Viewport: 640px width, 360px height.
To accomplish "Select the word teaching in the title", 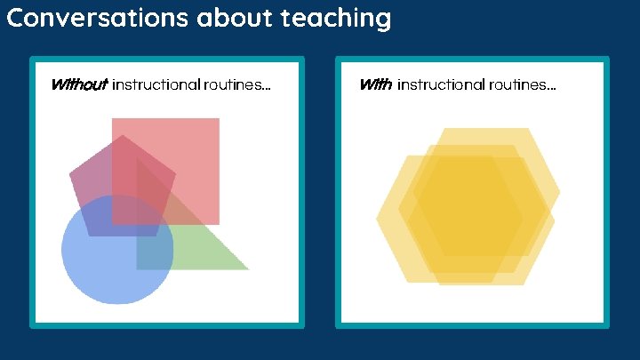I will (x=340, y=17).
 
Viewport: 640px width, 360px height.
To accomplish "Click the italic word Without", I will (x=79, y=85).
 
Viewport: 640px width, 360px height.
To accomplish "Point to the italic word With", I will (x=375, y=85).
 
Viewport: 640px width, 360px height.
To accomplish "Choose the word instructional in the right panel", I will (x=447, y=85).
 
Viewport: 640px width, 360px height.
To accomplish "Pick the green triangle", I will (x=200, y=249).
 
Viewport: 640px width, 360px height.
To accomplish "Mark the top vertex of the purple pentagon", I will (x=122, y=135).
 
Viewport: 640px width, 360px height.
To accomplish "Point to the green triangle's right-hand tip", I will (x=249, y=269).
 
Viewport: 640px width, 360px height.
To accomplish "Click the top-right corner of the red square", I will (x=219, y=118).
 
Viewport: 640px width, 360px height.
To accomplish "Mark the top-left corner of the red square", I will (x=112, y=118).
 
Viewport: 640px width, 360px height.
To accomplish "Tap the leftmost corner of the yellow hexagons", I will (x=376, y=219).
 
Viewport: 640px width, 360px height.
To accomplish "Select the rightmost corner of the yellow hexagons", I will (x=560, y=191).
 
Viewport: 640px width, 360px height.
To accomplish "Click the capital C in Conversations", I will (x=15, y=17).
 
